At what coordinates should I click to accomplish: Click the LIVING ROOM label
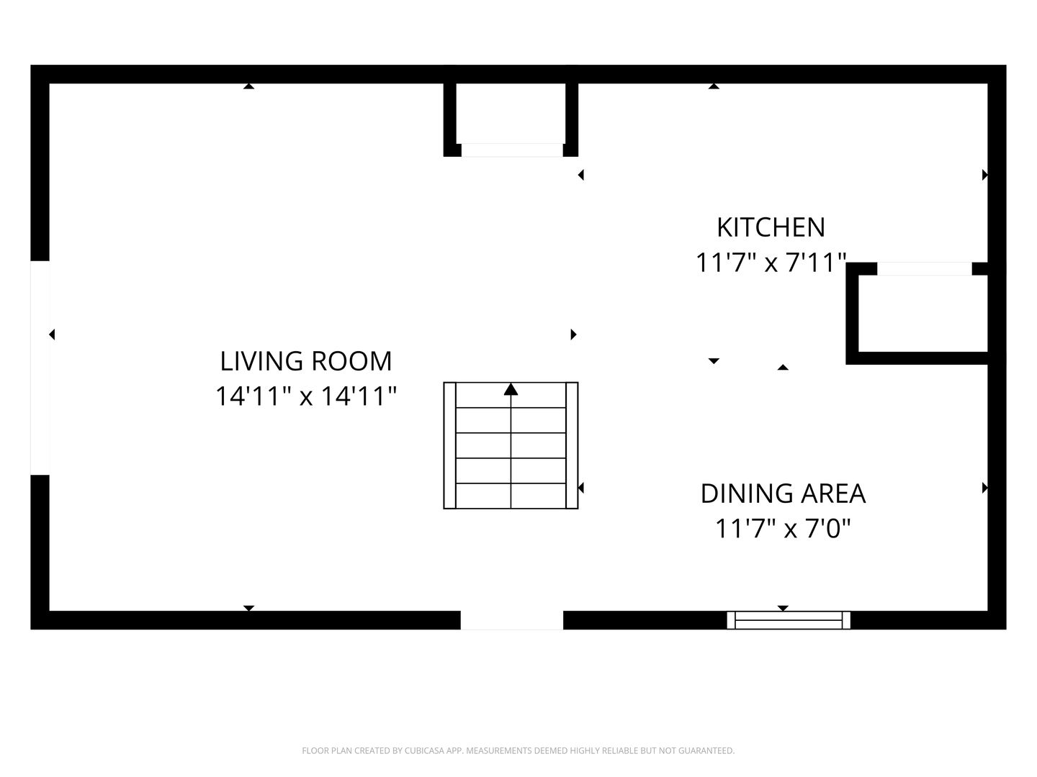(305, 361)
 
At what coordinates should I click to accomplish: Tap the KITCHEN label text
(771, 227)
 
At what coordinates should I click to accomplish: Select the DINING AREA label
(783, 494)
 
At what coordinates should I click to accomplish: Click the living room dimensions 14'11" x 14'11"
(305, 396)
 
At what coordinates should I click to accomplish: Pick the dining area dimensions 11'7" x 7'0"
(783, 528)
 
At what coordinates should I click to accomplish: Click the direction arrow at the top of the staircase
(511, 389)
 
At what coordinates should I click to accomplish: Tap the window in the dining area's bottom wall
(789, 620)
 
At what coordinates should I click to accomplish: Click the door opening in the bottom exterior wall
(511, 620)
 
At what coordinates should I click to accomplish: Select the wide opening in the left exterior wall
(40, 368)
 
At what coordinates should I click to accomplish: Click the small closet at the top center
(511, 113)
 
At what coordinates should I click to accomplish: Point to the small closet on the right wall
(922, 314)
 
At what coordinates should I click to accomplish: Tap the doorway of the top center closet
(512, 150)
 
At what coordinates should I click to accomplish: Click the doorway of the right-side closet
(925, 269)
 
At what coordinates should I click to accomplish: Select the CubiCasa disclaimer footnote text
(518, 750)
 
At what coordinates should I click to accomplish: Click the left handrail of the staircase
(450, 445)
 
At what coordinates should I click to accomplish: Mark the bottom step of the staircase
(511, 496)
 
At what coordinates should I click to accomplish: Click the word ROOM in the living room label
(351, 361)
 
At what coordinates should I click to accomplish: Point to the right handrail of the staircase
(572, 445)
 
